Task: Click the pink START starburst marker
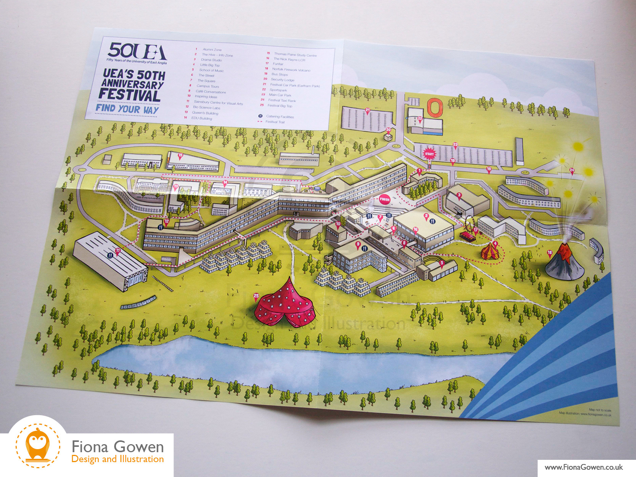(x=429, y=154)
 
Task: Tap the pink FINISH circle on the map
(x=384, y=199)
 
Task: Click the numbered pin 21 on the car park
(x=367, y=111)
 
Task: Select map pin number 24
(x=572, y=171)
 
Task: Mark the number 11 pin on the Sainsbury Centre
(x=118, y=251)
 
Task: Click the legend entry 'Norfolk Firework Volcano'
(x=291, y=70)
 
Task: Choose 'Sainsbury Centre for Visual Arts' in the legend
(x=218, y=103)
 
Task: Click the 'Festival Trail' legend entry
(x=275, y=122)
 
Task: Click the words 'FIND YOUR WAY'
(x=127, y=109)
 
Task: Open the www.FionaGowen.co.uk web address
(x=583, y=467)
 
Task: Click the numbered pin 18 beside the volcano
(x=550, y=253)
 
